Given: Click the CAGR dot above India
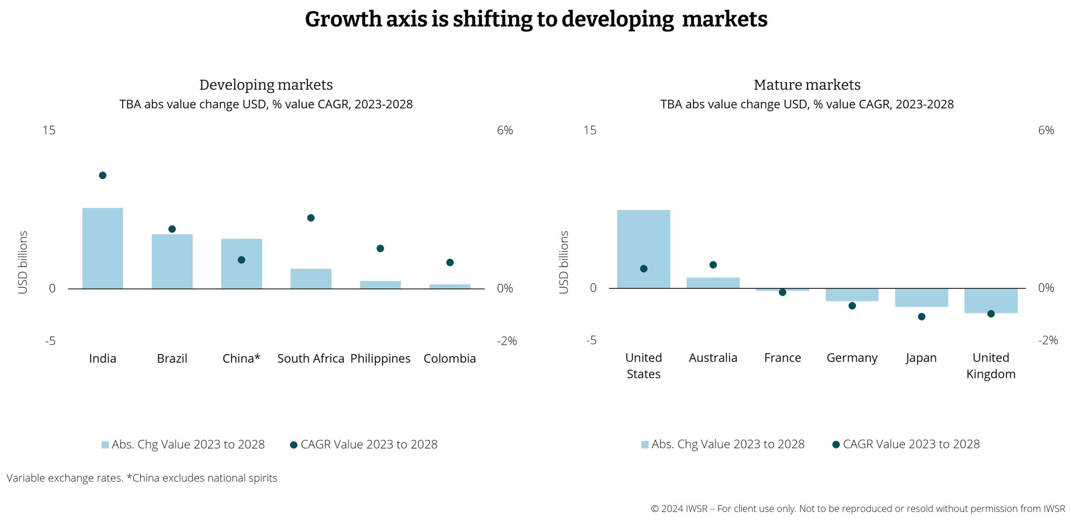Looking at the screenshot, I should [102, 175].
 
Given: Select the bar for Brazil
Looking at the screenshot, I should [172, 261].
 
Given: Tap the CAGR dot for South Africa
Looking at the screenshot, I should [311, 218].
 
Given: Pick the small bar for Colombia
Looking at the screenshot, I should [450, 286].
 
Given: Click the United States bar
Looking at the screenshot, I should [643, 249].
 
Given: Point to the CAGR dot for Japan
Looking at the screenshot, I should [922, 317].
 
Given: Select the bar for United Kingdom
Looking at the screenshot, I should [991, 301].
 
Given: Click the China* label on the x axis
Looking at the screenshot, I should [241, 358].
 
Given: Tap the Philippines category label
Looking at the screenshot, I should [380, 358].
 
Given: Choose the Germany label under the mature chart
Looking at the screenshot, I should [852, 358].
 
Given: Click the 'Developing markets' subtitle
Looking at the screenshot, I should [266, 85].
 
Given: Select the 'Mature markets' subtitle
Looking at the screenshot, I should [807, 85].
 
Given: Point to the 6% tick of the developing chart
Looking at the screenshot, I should [505, 130].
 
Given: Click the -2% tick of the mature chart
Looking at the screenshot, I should [1048, 340].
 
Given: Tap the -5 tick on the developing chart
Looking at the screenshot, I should [50, 341].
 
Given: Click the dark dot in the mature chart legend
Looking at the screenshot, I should [836, 445].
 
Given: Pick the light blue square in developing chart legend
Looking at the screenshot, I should [105, 445].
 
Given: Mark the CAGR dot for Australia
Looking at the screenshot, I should [713, 265].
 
